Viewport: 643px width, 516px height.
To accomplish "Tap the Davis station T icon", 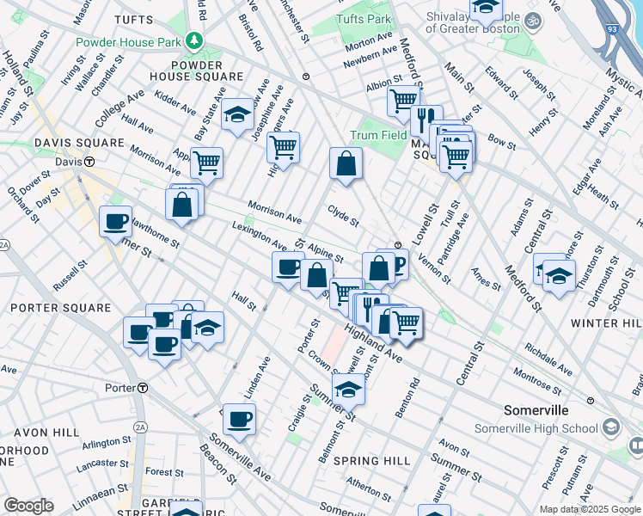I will tap(89, 161).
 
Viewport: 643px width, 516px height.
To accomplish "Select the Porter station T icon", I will tap(142, 388).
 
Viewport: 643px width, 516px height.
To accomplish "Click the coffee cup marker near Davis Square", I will tap(115, 223).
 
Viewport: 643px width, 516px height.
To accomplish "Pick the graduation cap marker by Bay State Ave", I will tap(236, 115).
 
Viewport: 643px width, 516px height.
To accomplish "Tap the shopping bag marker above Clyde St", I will tap(346, 163).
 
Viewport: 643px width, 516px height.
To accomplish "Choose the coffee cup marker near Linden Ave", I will tap(240, 419).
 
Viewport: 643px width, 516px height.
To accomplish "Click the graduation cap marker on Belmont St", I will tap(348, 389).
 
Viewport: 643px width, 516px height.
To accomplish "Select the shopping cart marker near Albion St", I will tap(402, 101).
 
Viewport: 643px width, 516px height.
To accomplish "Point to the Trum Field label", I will tap(378, 135).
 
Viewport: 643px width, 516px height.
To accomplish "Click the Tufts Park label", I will tap(364, 19).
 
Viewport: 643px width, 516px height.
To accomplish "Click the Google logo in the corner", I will tap(28, 505).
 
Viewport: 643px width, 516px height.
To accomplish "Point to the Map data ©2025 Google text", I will tap(590, 509).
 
